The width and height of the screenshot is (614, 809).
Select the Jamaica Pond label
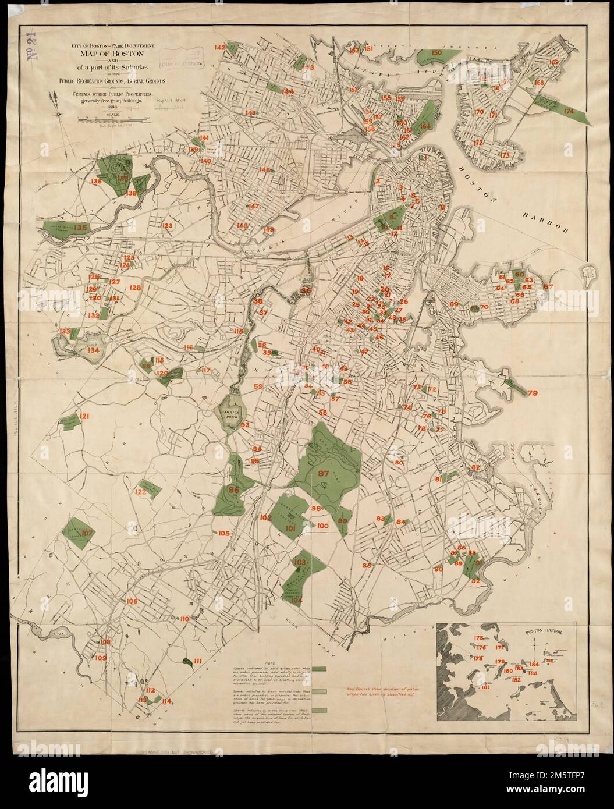click(x=233, y=411)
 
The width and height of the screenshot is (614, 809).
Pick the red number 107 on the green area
click(x=87, y=533)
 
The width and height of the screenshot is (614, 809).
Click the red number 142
click(x=220, y=48)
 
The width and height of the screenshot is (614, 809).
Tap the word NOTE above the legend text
click(x=269, y=663)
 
